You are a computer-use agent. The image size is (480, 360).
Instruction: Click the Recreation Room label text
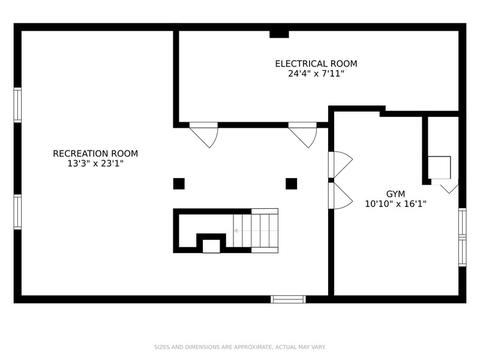(x=95, y=153)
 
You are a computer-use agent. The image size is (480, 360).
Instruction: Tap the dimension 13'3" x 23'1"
(x=95, y=164)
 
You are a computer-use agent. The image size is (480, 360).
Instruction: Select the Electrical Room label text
(x=316, y=64)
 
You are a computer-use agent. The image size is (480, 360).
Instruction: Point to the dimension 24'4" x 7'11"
(x=316, y=74)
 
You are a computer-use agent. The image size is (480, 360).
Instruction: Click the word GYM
(x=396, y=194)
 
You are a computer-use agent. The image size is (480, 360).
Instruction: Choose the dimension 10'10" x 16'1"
(x=396, y=204)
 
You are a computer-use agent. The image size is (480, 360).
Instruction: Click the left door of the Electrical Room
(x=204, y=135)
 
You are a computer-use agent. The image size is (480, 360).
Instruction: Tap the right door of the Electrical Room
(x=302, y=135)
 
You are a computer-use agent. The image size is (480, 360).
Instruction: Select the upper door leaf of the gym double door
(x=340, y=164)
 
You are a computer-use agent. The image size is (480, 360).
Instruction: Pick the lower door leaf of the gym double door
(x=340, y=196)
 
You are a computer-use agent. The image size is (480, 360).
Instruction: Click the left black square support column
(x=179, y=184)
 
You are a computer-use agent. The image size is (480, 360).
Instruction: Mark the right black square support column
(x=292, y=184)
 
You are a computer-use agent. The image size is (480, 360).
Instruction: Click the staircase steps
(x=256, y=231)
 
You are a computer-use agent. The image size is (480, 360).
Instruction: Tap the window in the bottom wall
(x=288, y=299)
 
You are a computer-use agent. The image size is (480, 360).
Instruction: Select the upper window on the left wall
(x=18, y=105)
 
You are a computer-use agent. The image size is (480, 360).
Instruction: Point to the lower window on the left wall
(x=18, y=212)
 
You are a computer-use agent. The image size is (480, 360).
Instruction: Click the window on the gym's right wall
(x=462, y=237)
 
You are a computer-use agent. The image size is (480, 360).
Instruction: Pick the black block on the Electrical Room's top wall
(x=279, y=34)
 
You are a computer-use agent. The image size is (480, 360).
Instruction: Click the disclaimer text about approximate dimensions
(x=240, y=347)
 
